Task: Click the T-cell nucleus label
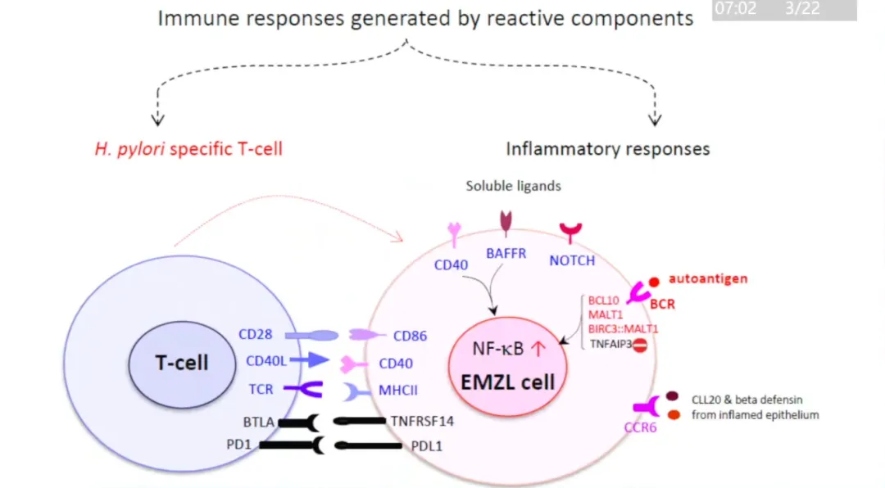[182, 363]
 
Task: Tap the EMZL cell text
[509, 381]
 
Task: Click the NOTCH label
[572, 260]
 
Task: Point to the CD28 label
[255, 334]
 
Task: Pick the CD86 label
[410, 336]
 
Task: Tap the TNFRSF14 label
[423, 421]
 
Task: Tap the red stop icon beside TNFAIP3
[640, 346]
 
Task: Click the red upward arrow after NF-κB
[538, 350]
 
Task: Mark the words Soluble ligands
[514, 186]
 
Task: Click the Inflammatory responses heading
[608, 149]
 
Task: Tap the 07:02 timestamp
[736, 10]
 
